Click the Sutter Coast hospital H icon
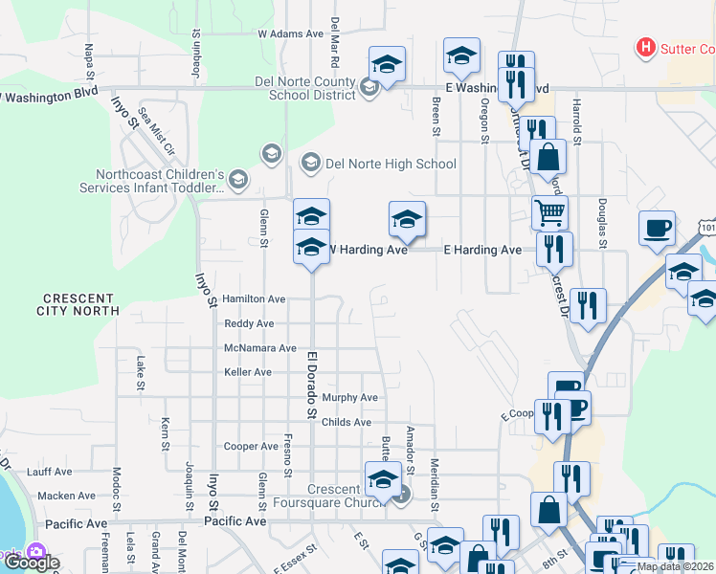pos(646,46)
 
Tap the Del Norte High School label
pos(391,164)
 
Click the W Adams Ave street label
pos(291,33)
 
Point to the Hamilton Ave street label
pos(254,299)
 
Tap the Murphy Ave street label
pos(350,398)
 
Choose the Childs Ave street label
pos(347,422)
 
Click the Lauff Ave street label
pos(50,472)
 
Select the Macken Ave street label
pos(67,496)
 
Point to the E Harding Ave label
pos(482,250)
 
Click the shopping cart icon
pos(549,212)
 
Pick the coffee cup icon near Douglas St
pos(657,230)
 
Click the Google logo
pos(31,563)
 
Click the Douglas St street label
pos(603,224)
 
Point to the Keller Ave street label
pos(248,372)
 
